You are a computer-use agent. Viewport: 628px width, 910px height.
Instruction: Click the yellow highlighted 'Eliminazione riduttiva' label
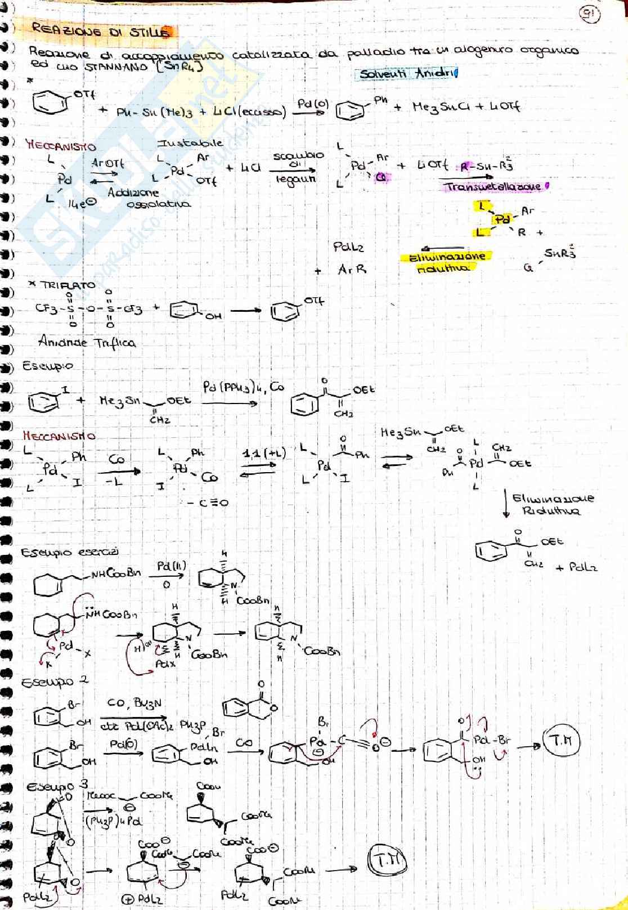point(445,262)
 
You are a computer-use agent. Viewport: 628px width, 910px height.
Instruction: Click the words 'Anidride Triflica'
point(87,342)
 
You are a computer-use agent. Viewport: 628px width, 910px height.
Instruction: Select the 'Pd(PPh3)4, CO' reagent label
point(244,387)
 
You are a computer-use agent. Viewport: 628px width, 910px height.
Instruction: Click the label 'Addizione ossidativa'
point(149,198)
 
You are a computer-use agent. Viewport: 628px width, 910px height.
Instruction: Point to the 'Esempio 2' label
point(55,682)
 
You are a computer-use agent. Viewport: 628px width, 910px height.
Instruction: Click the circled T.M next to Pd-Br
point(561,741)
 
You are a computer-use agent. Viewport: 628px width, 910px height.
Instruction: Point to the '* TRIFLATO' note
point(62,285)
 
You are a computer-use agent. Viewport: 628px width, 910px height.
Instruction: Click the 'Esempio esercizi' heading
point(70,552)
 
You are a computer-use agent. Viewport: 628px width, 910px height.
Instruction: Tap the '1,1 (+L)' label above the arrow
point(264,454)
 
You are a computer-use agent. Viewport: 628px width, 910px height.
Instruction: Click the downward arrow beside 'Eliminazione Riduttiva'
point(506,504)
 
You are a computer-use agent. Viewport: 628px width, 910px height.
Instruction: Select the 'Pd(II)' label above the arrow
point(171,566)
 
